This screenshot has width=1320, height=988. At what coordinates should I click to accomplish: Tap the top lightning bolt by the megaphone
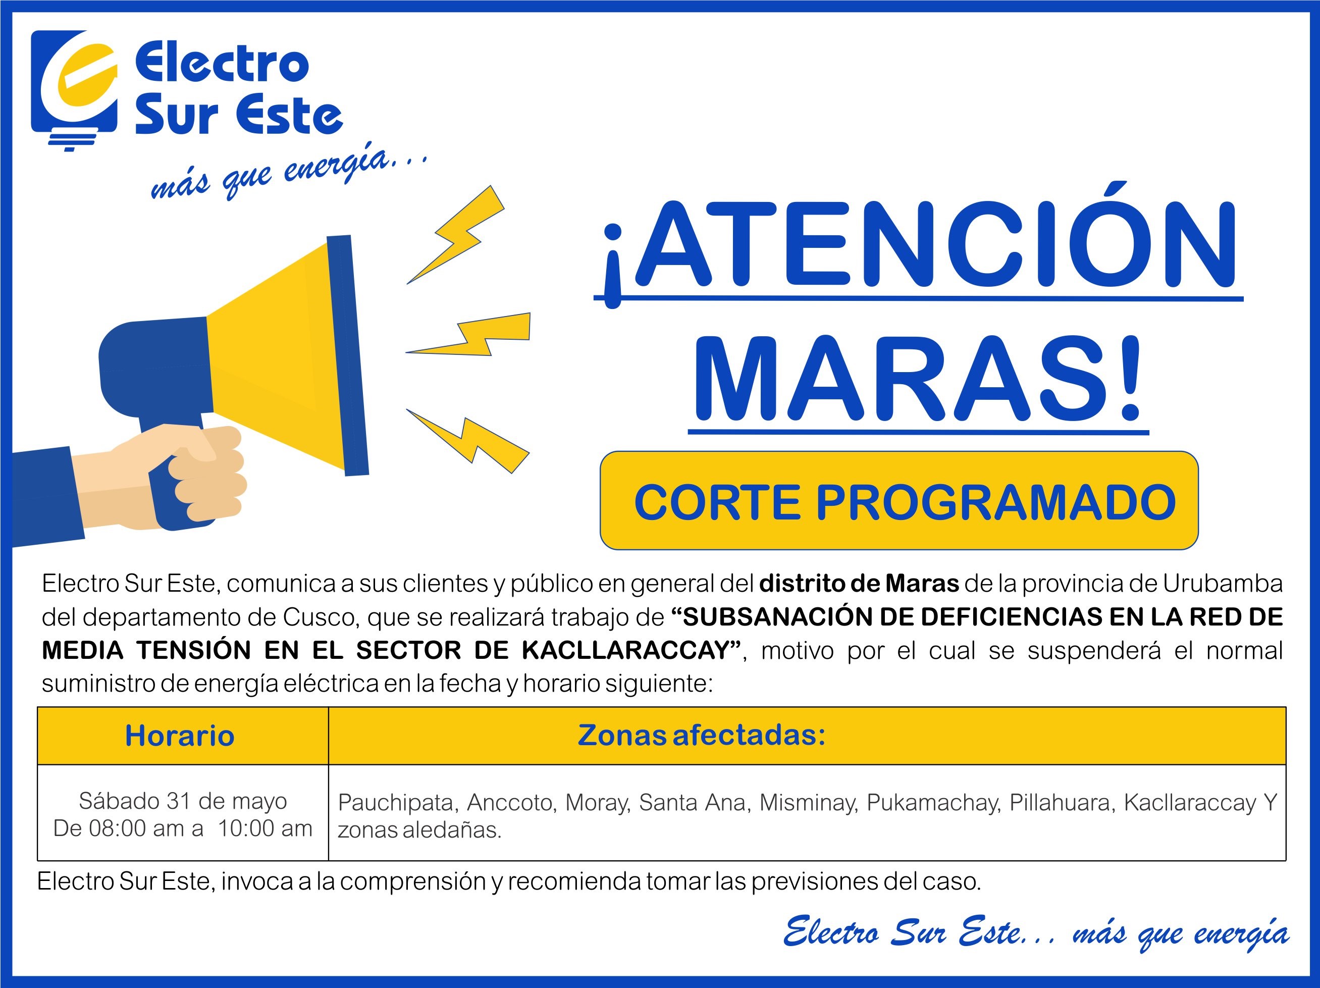pyautogui.click(x=456, y=234)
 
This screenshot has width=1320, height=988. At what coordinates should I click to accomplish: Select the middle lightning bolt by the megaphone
pyautogui.click(x=468, y=334)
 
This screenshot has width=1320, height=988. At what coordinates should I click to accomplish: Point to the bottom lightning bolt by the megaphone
pyautogui.click(x=468, y=441)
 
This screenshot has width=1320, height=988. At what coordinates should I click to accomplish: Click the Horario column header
pyautogui.click(x=180, y=736)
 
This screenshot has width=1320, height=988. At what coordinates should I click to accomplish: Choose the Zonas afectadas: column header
pyautogui.click(x=702, y=735)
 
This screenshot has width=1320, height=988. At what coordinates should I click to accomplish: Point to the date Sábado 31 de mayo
pyautogui.click(x=183, y=801)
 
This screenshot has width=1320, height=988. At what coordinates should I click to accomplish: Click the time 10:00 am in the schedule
pyautogui.click(x=265, y=828)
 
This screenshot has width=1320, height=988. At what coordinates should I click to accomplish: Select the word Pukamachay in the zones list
pyautogui.click(x=933, y=803)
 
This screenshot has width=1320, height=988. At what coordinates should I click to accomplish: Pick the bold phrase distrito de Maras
pyautogui.click(x=859, y=583)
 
